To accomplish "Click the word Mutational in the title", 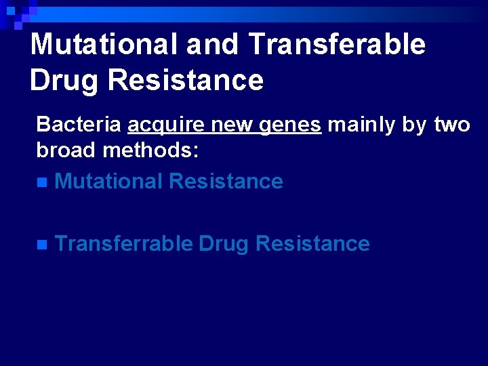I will click(x=105, y=45).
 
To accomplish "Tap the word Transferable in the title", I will click(x=337, y=45).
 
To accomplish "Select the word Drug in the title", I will click(x=64, y=80).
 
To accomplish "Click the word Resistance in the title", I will click(x=185, y=80).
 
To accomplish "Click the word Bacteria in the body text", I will click(x=79, y=125).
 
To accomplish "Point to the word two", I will click(x=451, y=125).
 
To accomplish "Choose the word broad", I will click(x=66, y=150).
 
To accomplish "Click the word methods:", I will click(x=150, y=150).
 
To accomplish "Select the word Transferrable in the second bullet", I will click(x=123, y=243).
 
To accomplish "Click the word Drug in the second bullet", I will click(x=224, y=244).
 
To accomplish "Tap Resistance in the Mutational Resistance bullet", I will click(x=226, y=181).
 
